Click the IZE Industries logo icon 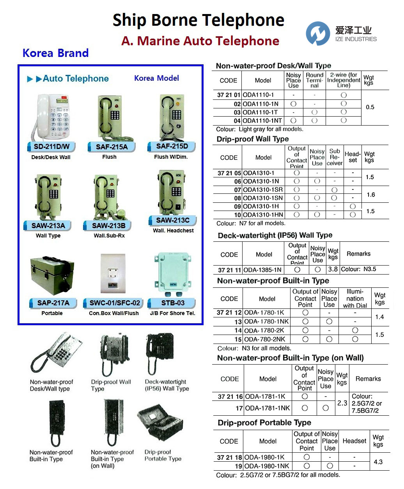317,33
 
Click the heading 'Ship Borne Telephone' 198,20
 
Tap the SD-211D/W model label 51,147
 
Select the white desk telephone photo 53,118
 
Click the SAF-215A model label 112,147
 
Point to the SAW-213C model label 173,220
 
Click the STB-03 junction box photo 173,275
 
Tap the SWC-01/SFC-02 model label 115,303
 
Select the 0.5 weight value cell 370,107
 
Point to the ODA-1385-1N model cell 263,270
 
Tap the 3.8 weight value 333,269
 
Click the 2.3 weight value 342,403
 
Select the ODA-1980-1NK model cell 267,466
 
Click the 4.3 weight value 378,462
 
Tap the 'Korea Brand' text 55,53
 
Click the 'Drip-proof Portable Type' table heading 264,423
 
